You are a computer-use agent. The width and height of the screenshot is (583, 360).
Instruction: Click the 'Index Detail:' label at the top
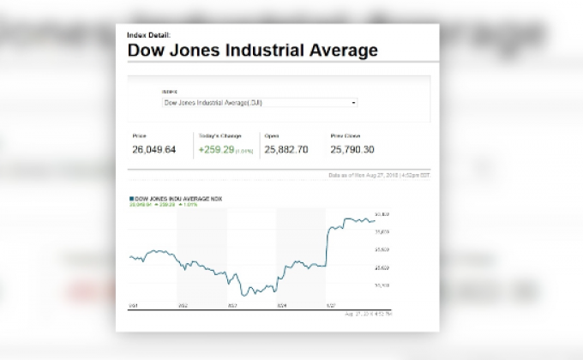148,35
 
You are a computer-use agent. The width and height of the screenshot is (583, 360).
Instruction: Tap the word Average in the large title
342,51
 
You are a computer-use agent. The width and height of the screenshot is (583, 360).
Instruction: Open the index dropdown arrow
354,102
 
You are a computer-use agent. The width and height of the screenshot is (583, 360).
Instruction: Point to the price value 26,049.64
154,149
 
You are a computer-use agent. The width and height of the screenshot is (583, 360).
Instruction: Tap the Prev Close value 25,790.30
353,149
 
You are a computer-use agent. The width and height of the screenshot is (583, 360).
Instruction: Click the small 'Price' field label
140,135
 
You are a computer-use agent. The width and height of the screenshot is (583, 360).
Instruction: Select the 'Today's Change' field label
220,135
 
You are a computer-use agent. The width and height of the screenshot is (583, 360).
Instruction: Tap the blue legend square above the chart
130,196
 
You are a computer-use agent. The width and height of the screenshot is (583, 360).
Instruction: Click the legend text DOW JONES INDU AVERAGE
177,196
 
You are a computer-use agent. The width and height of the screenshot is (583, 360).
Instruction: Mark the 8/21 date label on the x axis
133,304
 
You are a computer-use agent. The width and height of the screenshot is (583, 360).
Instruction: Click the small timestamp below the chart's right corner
370,314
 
